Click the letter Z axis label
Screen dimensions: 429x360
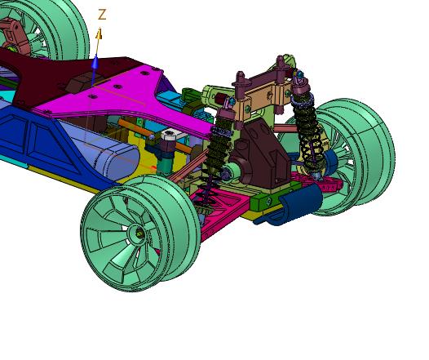click(x=102, y=15)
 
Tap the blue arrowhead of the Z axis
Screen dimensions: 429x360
click(x=95, y=61)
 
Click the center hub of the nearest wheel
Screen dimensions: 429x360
click(x=139, y=233)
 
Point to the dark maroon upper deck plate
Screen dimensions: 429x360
click(x=55, y=77)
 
